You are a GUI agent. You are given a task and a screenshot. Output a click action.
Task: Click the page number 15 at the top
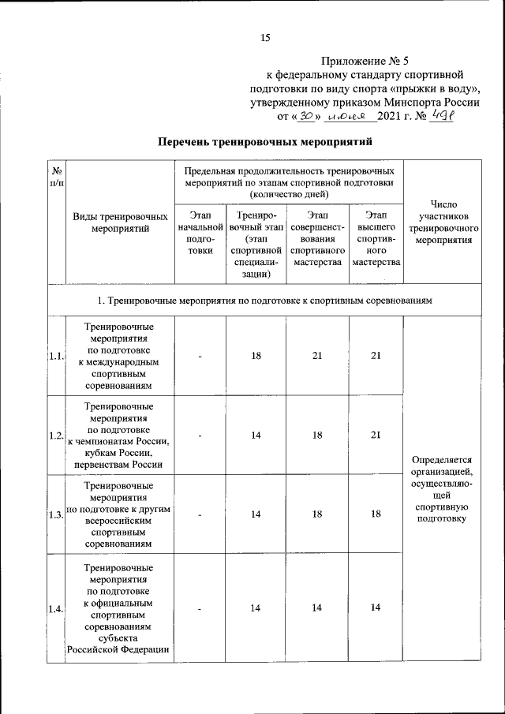click(265, 37)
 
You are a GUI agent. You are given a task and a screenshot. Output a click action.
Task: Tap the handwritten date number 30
click(305, 116)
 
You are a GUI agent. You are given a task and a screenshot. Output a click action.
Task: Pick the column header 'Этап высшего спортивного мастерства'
click(376, 239)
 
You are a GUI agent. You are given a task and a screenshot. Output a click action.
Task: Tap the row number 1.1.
click(55, 356)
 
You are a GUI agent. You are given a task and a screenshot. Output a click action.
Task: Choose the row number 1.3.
click(55, 514)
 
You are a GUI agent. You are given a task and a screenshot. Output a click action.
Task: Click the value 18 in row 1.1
click(256, 356)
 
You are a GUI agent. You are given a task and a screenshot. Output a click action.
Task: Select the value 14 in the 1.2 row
click(256, 435)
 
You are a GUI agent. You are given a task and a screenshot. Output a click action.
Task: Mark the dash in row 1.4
click(200, 607)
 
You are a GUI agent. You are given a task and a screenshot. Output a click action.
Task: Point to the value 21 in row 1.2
click(376, 435)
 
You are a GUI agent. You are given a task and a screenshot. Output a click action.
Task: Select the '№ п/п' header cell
click(56, 178)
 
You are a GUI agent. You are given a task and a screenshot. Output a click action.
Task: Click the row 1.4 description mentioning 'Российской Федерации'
click(120, 607)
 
